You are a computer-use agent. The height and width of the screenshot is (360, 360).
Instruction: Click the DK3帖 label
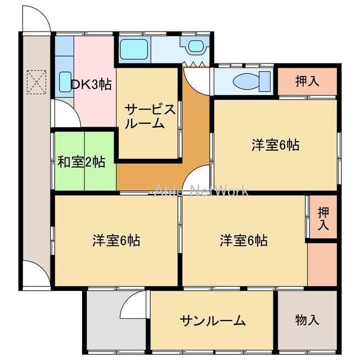click(x=91, y=84)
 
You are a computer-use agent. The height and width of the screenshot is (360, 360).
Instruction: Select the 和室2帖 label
click(x=81, y=163)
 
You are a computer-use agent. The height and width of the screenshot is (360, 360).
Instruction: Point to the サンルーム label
click(x=213, y=321)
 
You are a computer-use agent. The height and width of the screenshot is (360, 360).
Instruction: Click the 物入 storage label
click(x=307, y=321)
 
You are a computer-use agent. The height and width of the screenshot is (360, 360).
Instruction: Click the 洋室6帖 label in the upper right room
click(x=275, y=145)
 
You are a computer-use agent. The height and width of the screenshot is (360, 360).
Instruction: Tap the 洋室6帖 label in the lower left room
click(x=116, y=241)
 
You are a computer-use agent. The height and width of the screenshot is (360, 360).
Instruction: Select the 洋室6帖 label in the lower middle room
click(x=244, y=241)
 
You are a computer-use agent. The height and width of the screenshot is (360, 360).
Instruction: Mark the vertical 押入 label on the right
click(x=322, y=218)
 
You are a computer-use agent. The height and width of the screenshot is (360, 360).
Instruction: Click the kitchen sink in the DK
click(x=65, y=82)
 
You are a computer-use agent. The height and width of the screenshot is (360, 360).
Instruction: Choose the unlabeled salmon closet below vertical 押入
click(x=322, y=264)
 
